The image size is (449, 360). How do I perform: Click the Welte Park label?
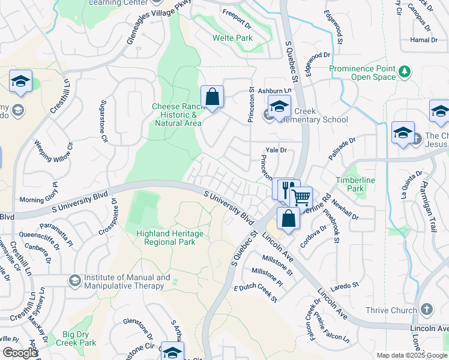click(x=232, y=38)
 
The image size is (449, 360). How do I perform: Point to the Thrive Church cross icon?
click(x=426, y=310)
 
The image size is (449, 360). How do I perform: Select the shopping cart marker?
click(x=301, y=196)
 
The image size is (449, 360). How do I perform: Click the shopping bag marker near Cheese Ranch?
click(x=212, y=97)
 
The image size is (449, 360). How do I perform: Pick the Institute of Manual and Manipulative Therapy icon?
click(x=74, y=280)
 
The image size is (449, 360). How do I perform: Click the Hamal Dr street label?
click(x=424, y=40)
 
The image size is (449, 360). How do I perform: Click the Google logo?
click(x=19, y=353)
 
